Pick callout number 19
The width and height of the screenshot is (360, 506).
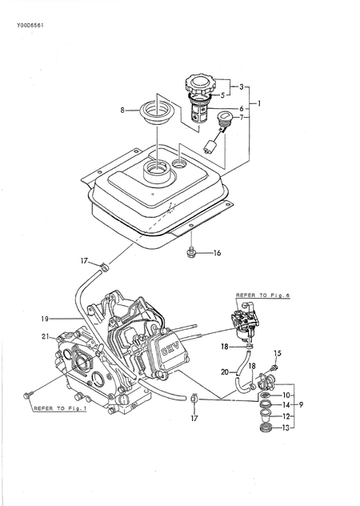[x=46, y=319]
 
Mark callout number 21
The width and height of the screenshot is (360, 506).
[x=46, y=337]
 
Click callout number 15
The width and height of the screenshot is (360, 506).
[x=278, y=353]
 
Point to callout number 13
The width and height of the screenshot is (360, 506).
[x=287, y=428]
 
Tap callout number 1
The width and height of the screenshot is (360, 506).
[x=256, y=104]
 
